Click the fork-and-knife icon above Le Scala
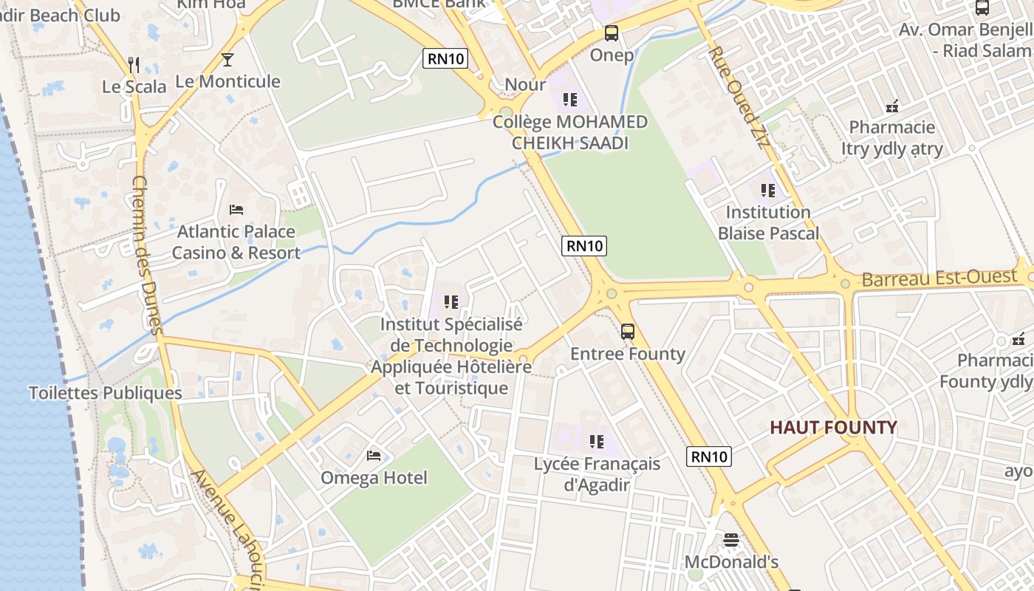coord(134,65)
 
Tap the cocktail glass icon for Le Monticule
coord(227,60)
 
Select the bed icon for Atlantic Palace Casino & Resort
coord(236,210)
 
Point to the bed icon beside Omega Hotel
coord(374,455)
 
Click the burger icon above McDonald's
coord(731,540)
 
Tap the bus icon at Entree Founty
coord(628,332)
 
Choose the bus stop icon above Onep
coord(612,33)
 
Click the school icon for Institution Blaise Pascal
coord(768,191)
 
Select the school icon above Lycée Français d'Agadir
coord(596,442)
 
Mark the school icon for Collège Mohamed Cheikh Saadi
coord(569,99)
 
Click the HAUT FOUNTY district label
coord(833,427)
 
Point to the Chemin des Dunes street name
coord(146,255)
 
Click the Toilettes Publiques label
coord(105,393)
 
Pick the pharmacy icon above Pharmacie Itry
coord(892,106)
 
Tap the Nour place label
coord(525,84)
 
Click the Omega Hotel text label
coord(374,478)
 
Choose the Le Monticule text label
coord(227,81)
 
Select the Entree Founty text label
coord(628,354)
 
